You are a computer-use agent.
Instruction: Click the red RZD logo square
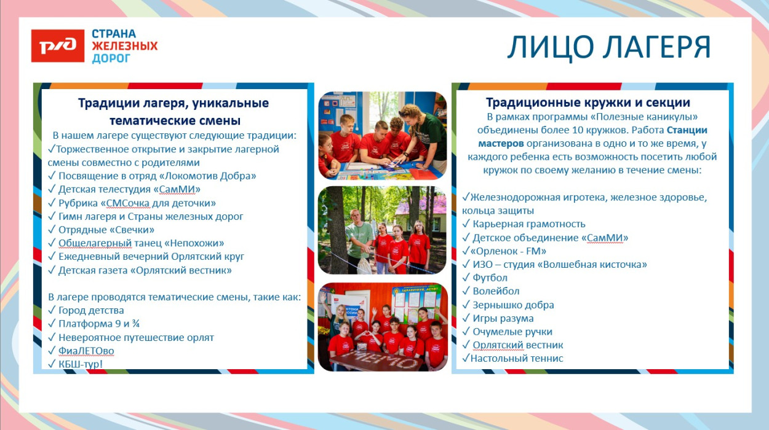[x=58, y=45]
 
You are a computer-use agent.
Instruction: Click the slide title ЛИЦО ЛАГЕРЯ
[x=608, y=47]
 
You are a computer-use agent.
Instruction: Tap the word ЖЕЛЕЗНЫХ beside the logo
[x=124, y=46]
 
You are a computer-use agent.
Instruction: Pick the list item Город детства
[x=91, y=310]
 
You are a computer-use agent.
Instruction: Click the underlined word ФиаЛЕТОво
[x=86, y=351]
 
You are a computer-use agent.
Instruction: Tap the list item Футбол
[x=490, y=278]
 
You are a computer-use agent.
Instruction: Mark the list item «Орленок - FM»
[x=508, y=251]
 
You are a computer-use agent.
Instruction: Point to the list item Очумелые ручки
[x=512, y=332]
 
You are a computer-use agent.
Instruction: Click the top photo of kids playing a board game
[x=382, y=135]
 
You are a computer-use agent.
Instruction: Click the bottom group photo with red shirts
[x=382, y=327]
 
